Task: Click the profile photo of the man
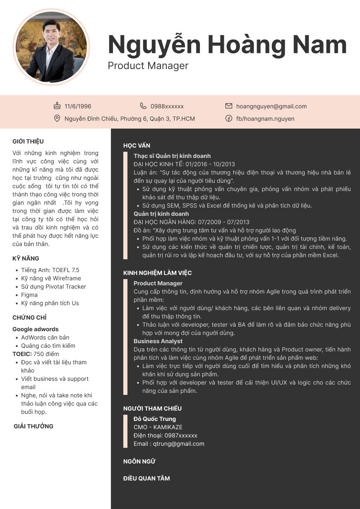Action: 52,47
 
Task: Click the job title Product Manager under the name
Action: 148,66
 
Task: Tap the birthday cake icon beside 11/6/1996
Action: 58,106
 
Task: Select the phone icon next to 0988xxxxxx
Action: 143,106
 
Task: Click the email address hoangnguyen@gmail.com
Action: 271,106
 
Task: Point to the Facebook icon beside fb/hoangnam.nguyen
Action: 229,119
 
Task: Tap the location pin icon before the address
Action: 58,119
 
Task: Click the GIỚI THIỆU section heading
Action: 28,141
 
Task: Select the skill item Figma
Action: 29,295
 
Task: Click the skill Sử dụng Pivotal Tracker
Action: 54,287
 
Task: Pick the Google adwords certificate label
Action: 36,329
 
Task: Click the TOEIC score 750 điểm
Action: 46,354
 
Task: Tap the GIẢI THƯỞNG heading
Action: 34,426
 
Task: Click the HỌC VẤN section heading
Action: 137,146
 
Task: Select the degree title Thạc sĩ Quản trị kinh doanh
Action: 172,156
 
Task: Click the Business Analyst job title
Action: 158,341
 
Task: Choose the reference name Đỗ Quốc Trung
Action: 155,419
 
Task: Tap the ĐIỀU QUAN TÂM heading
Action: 146,478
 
